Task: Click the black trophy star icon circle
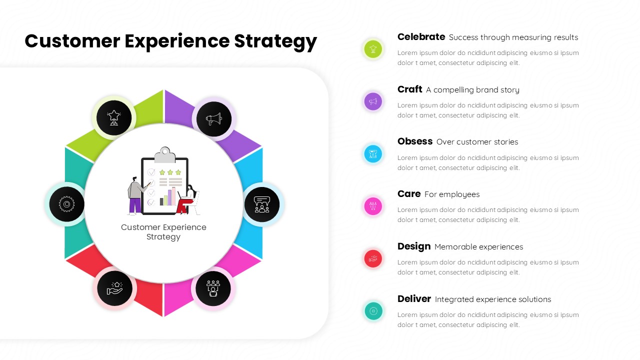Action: (114, 118)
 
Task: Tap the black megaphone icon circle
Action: (214, 119)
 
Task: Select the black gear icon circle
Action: (66, 204)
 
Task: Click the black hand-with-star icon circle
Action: (114, 288)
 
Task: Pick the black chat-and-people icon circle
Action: (262, 204)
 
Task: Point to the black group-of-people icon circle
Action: (213, 288)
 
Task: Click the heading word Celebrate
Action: (421, 37)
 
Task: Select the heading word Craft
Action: (409, 89)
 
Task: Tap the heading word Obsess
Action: (414, 141)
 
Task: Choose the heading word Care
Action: (408, 194)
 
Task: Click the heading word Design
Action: (413, 246)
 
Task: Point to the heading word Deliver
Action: (413, 299)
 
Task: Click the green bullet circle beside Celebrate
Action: (373, 49)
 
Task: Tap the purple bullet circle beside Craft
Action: (373, 101)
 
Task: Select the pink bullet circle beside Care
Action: (373, 206)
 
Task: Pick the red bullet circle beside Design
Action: (373, 258)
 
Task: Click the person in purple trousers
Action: (135, 195)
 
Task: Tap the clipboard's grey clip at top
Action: (164, 154)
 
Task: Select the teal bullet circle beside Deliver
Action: (373, 311)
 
